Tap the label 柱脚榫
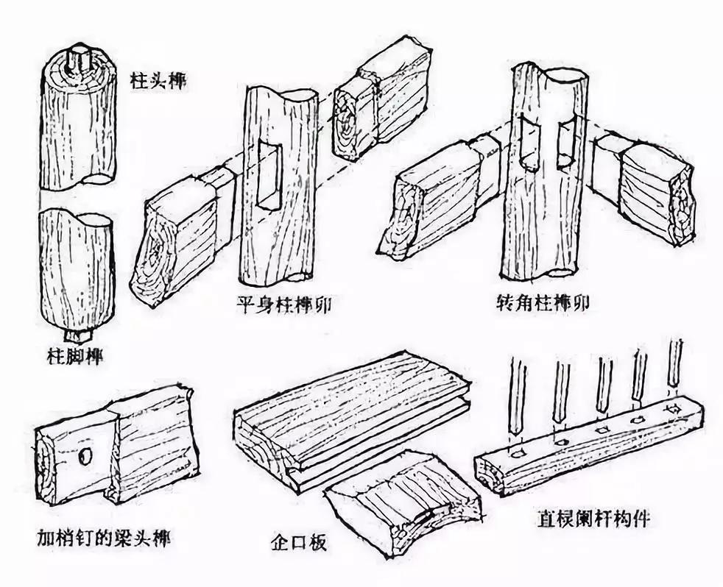(x=72, y=358)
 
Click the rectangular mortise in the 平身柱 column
(x=269, y=177)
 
